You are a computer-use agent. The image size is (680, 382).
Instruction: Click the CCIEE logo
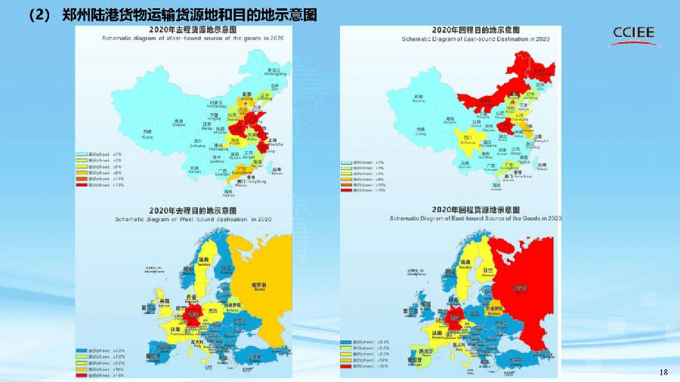coord(633,35)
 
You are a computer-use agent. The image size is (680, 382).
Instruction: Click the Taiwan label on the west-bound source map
coord(277,170)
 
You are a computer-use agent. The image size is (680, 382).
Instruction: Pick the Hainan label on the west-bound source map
coord(228,193)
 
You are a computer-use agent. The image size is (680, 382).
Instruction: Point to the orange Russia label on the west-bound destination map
coord(258,286)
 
